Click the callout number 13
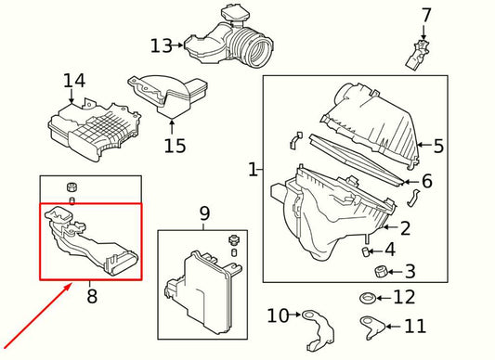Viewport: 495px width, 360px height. tap(162, 45)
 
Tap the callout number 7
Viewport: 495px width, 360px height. tap(426, 15)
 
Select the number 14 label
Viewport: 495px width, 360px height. tap(74, 81)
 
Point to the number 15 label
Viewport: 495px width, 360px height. tap(175, 146)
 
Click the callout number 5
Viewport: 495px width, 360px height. tap(438, 146)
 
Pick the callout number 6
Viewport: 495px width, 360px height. tap(427, 181)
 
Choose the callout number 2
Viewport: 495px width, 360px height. tap(405, 228)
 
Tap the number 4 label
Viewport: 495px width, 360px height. tap(390, 250)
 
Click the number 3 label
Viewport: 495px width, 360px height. tap(410, 271)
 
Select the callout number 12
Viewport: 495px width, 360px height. tap(404, 297)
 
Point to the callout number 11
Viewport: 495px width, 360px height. tap(415, 326)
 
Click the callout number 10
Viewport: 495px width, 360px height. tap(278, 315)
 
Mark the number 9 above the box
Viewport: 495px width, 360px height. tap(204, 213)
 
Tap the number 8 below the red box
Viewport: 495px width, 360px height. tap(92, 296)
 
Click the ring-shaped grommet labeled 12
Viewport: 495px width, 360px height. tap(367, 298)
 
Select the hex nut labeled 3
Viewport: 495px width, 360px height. tap(380, 272)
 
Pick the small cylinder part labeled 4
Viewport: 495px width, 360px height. tap(365, 251)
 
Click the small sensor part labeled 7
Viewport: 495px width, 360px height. tap(416, 56)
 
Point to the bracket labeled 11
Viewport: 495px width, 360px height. tap(371, 328)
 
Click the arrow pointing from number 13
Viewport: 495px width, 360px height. tap(178, 45)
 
